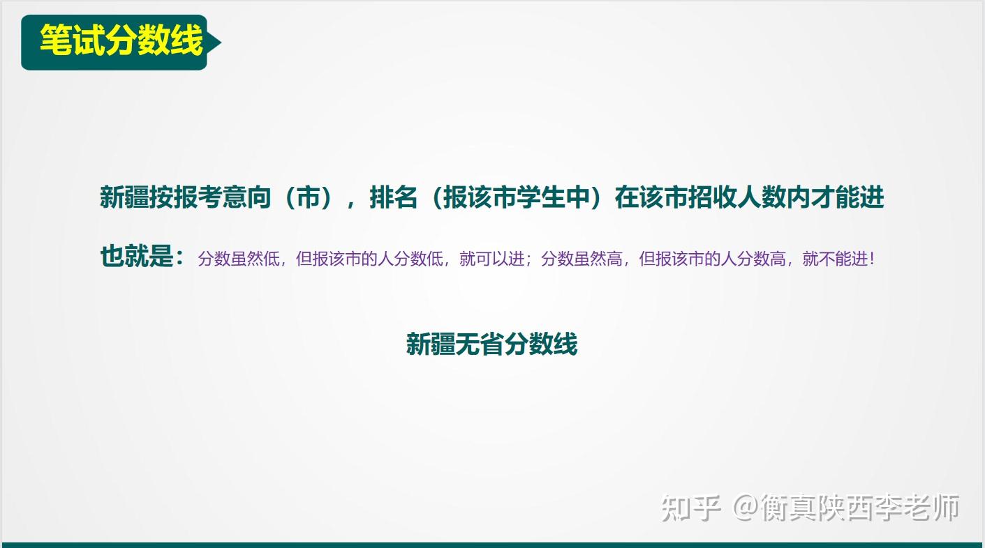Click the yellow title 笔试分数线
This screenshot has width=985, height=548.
121,40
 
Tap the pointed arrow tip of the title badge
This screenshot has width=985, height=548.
221,43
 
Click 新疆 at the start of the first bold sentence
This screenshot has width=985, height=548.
124,197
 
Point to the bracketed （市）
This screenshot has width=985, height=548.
308,197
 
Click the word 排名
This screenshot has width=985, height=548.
393,197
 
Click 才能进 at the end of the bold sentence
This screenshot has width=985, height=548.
847,197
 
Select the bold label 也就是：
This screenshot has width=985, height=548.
142,256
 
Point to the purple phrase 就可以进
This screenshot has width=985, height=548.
492,259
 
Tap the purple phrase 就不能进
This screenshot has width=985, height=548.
835,259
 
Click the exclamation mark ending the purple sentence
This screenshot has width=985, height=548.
872,259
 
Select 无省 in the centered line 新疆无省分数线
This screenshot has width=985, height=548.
480,344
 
